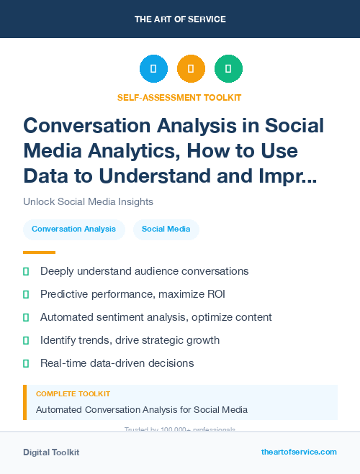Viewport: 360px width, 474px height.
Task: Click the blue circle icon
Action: [153, 68]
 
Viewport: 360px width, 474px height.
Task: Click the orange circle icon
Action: [191, 68]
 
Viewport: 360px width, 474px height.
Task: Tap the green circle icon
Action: [228, 68]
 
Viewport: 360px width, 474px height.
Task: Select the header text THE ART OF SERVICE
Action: [180, 19]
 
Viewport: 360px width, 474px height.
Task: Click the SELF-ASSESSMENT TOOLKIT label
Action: [179, 97]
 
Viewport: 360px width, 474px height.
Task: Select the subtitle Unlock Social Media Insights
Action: [88, 201]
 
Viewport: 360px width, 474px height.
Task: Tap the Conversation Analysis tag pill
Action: [73, 229]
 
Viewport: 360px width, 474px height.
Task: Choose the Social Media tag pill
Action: [166, 229]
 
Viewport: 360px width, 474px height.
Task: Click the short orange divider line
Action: [39, 252]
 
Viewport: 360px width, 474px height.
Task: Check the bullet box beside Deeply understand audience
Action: [27, 271]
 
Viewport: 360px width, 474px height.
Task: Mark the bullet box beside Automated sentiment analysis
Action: [27, 317]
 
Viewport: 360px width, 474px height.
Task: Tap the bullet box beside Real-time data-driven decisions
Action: [27, 363]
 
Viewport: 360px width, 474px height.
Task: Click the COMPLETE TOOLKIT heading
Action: [73, 394]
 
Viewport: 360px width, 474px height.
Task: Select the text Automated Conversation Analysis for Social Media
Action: [142, 410]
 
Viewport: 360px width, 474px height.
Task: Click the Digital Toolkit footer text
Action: [51, 452]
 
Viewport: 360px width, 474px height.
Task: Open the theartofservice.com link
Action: [299, 452]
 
